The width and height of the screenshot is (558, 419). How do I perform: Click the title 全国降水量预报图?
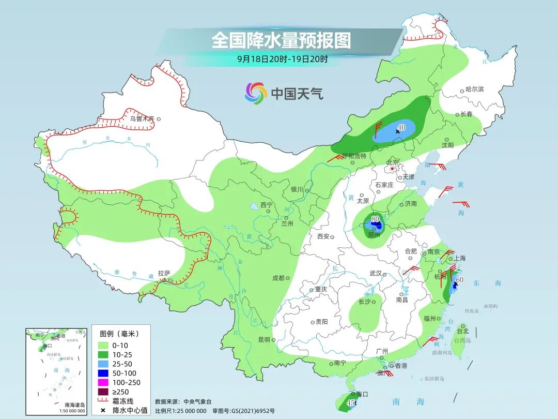(281, 40)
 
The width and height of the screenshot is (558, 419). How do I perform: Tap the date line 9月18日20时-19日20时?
(282, 59)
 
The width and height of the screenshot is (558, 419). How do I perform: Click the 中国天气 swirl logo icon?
(256, 93)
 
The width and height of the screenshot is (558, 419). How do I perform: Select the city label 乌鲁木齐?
(142, 118)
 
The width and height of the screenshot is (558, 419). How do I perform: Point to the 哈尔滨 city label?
(474, 89)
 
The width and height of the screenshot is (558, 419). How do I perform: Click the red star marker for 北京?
(393, 169)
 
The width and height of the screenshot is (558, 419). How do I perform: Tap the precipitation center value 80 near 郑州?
(375, 219)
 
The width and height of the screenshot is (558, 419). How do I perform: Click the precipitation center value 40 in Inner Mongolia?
(401, 127)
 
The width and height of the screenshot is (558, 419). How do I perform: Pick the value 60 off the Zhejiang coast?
(460, 280)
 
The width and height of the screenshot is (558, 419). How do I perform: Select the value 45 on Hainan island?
(350, 403)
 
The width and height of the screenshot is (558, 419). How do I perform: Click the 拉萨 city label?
(164, 273)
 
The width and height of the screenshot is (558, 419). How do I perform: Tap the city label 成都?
(278, 278)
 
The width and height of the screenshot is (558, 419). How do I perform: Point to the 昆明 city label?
(263, 339)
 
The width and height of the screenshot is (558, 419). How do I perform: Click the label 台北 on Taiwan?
(462, 331)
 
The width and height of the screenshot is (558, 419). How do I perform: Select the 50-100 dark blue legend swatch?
(103, 373)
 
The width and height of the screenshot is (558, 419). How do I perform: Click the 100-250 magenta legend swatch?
(103, 382)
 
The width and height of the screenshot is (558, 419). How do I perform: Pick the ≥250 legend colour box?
(103, 392)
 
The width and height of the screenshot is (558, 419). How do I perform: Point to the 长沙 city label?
(365, 302)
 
